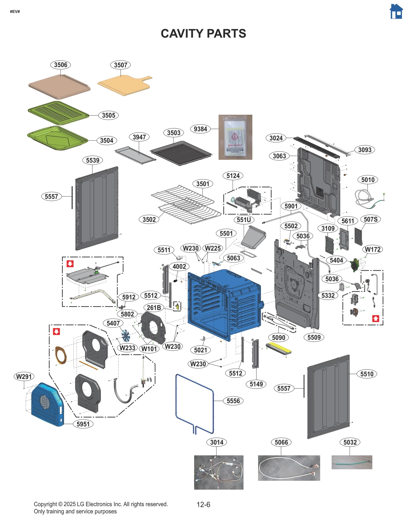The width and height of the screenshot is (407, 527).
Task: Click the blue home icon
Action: (x=396, y=12)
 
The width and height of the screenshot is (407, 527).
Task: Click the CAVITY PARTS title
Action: (x=203, y=34)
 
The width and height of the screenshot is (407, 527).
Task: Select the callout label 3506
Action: (x=61, y=65)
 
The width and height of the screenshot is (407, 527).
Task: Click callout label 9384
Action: (x=200, y=129)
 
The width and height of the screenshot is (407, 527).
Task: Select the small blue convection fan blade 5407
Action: (x=125, y=335)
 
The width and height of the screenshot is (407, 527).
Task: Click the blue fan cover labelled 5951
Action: (x=47, y=405)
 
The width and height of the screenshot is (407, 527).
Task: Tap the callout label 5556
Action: (x=233, y=401)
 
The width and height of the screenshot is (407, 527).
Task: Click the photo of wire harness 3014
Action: (x=219, y=472)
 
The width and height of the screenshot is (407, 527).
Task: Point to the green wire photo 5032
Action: (x=352, y=462)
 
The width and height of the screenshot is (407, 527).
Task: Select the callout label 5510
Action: (x=367, y=374)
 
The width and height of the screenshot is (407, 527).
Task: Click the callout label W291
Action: (x=24, y=376)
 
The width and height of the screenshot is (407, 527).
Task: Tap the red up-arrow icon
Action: (x=375, y=318)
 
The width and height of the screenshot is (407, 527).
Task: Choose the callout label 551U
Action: (x=244, y=220)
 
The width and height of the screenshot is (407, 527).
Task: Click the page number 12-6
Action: (x=203, y=504)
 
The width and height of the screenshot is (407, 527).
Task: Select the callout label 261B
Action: (x=154, y=308)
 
